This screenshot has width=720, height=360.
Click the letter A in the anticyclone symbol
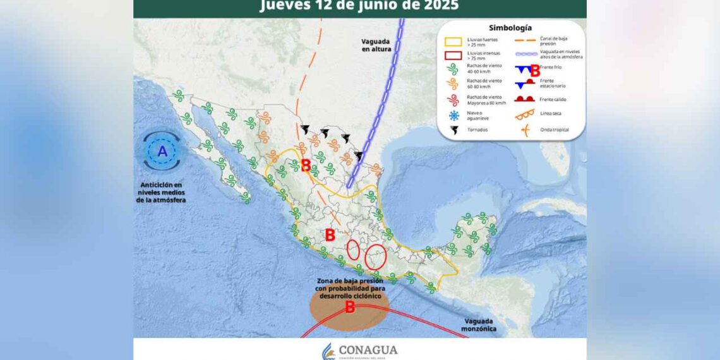[162, 152]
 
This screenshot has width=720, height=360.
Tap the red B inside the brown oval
[349, 308]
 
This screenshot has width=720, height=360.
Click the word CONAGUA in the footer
[368, 350]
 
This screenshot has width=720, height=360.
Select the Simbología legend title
[510, 28]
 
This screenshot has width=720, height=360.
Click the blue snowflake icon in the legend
[453, 115]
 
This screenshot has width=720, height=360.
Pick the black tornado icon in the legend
[453, 130]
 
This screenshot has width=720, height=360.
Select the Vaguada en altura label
[376, 44]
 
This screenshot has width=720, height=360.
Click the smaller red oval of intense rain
[353, 249]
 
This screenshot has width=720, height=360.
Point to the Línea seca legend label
[551, 114]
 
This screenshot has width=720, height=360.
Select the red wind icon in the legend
[453, 99]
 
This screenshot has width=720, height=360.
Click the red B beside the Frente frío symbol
[535, 71]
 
